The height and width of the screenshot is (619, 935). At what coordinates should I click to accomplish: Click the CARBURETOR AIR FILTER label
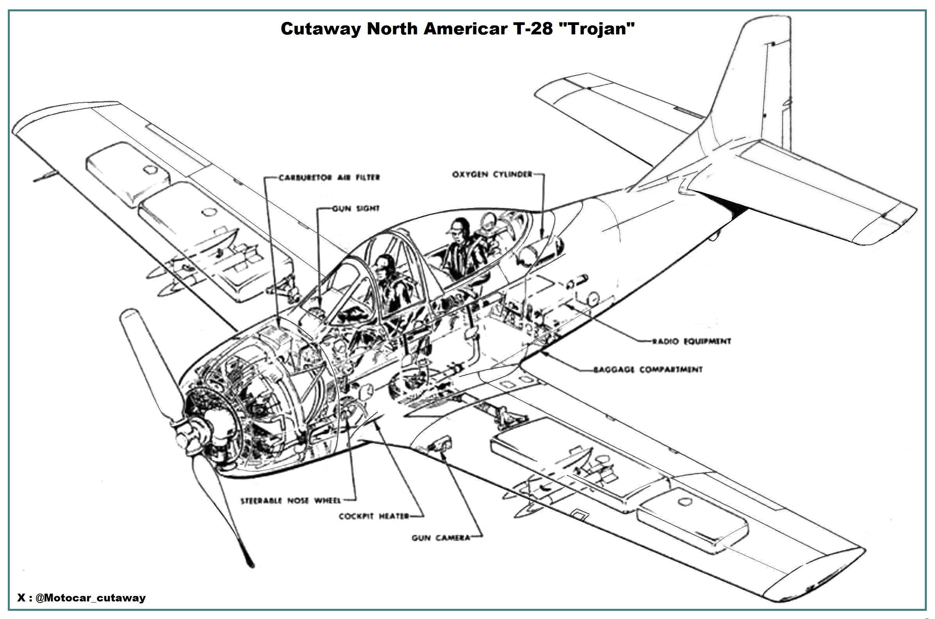329,178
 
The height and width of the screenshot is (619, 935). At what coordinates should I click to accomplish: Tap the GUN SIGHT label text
356,209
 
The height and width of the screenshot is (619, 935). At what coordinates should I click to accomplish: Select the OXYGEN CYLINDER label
492,175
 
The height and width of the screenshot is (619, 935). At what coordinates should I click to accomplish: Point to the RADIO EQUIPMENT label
691,341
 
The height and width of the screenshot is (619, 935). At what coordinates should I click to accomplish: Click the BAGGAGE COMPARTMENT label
648,370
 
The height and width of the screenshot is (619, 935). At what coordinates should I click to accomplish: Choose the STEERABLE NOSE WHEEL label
291,501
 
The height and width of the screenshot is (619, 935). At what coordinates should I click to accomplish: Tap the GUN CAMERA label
441,538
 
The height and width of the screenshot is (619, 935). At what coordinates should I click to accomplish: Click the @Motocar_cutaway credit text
90,598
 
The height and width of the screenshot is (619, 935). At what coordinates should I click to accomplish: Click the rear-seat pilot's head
458,229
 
